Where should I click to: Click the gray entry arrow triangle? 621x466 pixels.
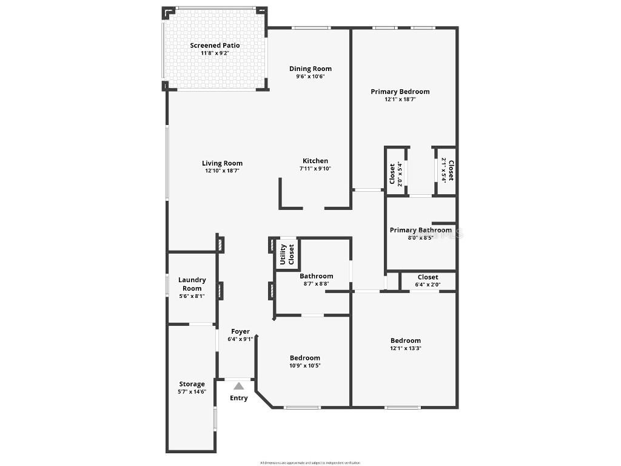[x=239, y=386]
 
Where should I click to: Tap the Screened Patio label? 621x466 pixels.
[x=215, y=46]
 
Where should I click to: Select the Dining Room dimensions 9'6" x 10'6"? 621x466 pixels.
[x=310, y=76]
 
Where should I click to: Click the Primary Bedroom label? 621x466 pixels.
[x=400, y=92]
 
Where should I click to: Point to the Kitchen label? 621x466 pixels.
[x=315, y=161]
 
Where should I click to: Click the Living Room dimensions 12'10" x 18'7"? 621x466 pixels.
[x=223, y=171]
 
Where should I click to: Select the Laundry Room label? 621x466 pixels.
[x=192, y=284]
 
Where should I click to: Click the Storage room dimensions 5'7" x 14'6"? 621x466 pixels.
[x=192, y=392]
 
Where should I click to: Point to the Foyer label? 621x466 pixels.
[x=240, y=331]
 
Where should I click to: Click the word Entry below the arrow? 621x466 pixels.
[x=239, y=398]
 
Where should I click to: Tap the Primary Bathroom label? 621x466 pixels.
[x=420, y=230]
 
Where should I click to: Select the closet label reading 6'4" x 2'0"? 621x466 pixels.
[x=428, y=285]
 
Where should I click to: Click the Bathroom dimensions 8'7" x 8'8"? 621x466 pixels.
[x=316, y=284]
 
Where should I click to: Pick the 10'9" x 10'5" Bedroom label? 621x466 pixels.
[x=304, y=358]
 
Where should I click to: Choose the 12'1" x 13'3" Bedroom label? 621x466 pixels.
[x=406, y=340]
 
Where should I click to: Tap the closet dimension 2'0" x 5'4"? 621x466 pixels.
[x=400, y=174]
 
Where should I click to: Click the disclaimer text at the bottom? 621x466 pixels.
[x=310, y=462]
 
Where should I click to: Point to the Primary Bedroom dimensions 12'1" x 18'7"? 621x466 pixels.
[x=400, y=100]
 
